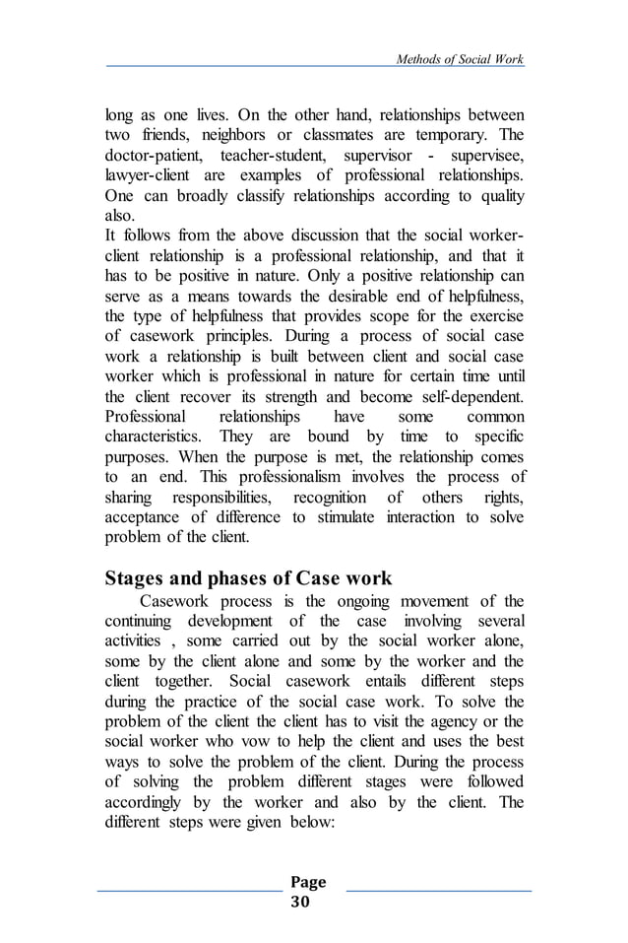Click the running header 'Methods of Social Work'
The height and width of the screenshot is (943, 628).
click(x=459, y=60)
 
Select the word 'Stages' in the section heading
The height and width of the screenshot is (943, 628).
click(x=139, y=578)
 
